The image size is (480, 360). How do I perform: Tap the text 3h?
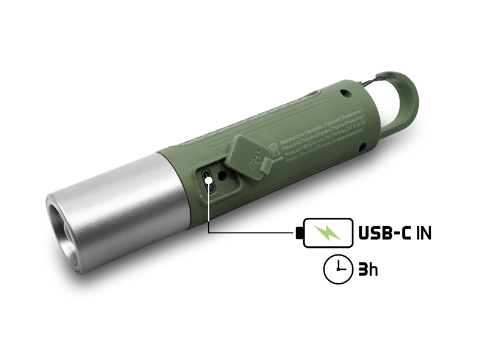(367, 269)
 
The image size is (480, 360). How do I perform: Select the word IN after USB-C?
(424, 233)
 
